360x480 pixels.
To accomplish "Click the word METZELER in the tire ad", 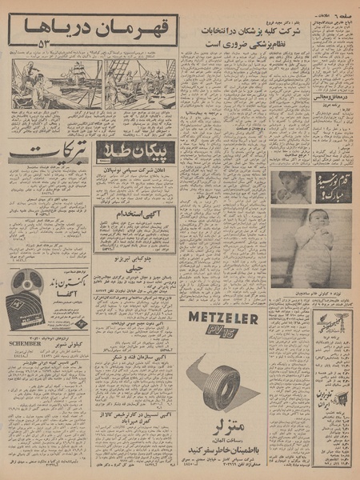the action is [223, 317].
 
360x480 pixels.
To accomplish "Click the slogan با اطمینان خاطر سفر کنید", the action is [223, 439].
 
